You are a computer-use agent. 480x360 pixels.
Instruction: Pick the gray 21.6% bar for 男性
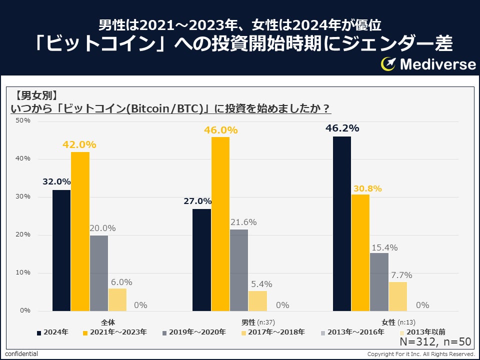click(x=239, y=270)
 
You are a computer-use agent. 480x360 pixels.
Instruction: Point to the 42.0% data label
click(x=79, y=144)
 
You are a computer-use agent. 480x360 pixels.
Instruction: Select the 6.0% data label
click(x=121, y=282)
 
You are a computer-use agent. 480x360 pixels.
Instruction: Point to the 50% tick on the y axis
click(x=23, y=120)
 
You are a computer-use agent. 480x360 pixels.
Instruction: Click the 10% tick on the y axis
click(x=23, y=272)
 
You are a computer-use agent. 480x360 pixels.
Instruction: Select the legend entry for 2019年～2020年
click(x=193, y=331)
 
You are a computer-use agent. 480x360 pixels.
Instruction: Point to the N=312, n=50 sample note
click(x=435, y=342)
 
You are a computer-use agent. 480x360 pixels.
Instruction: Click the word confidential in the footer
click(x=21, y=354)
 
